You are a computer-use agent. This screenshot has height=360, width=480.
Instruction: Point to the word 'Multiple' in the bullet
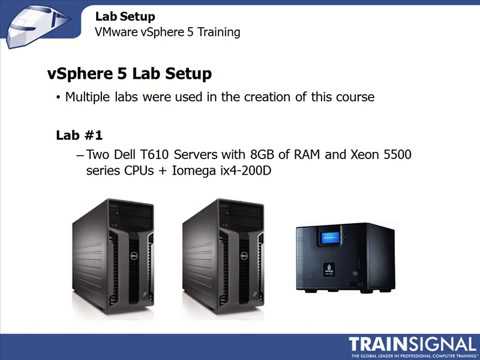pyautogui.click(x=91, y=97)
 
